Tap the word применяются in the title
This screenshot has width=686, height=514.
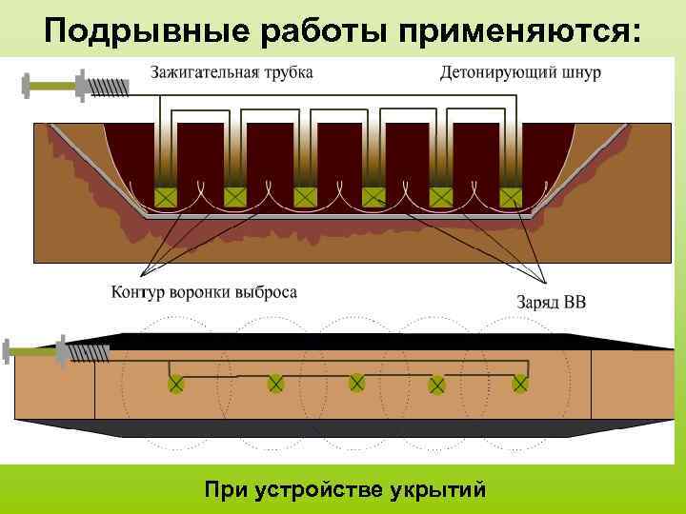507,31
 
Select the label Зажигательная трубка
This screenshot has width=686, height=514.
232,72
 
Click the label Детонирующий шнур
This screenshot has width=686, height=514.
520,72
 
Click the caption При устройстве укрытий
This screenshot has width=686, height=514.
345,489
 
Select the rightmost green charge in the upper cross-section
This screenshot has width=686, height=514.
512,197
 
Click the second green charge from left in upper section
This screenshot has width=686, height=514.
235,197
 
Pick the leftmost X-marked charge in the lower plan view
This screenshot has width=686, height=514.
176,384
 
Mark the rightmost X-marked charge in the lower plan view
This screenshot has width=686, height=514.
520,383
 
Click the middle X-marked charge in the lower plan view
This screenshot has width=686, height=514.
356,383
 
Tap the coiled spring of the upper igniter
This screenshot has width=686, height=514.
109,84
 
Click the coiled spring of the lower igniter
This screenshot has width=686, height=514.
92,353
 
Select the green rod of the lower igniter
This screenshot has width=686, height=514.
33,351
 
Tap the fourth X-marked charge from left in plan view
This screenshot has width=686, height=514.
437,385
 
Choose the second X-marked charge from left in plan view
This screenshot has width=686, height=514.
275,384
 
